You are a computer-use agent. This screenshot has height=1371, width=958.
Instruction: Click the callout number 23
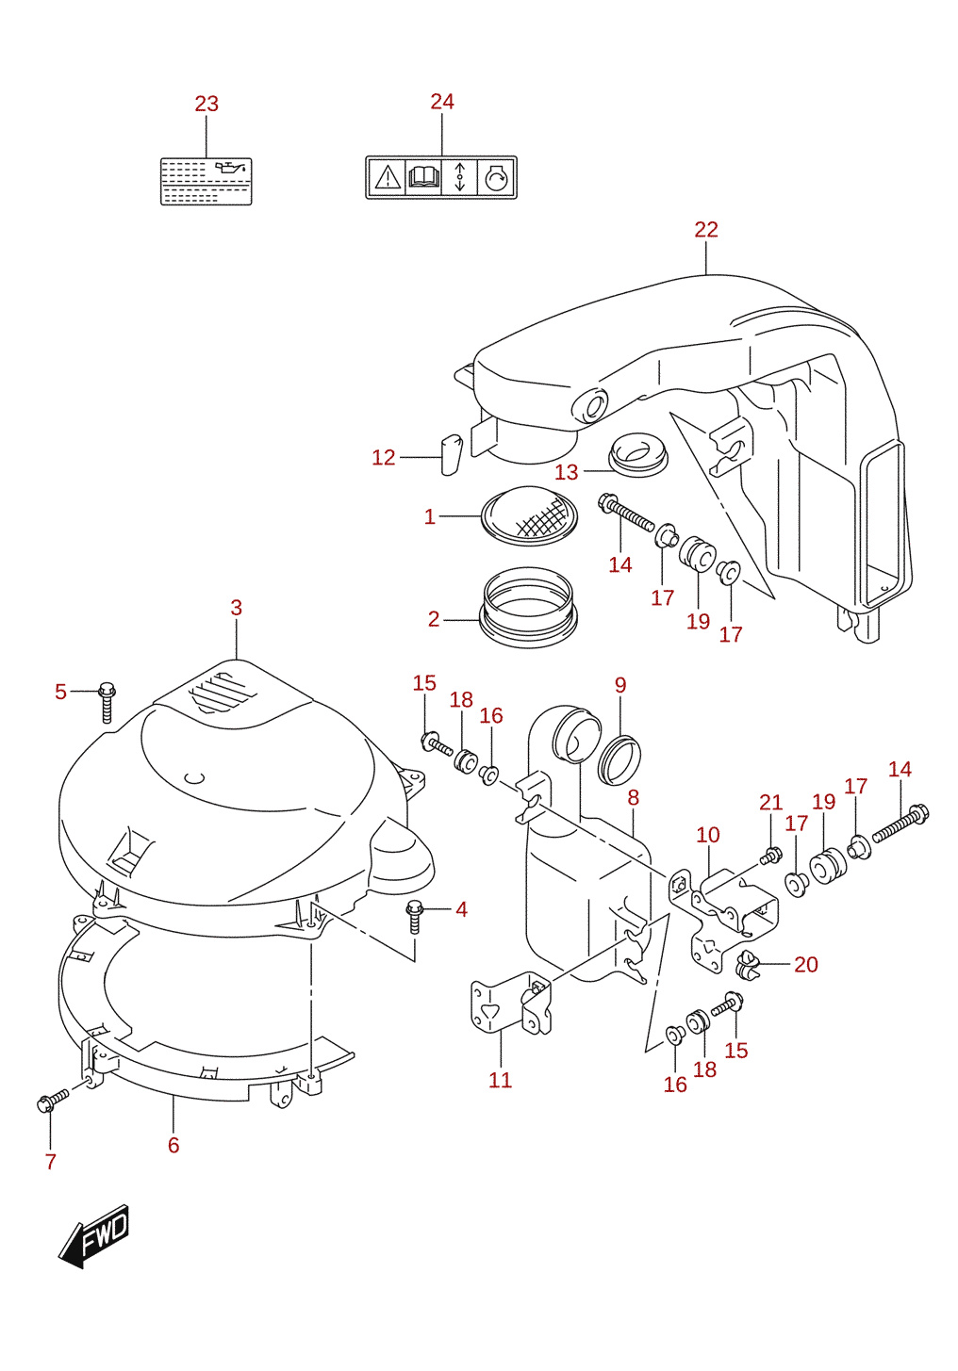206,104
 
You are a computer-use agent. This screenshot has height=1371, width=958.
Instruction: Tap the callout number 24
442,102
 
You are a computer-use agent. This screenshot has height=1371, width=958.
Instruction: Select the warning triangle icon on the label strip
388,177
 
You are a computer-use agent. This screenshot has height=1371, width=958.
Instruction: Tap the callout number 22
706,230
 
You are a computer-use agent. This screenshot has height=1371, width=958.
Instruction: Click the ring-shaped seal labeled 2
528,607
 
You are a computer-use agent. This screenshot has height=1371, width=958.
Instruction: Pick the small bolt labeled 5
107,704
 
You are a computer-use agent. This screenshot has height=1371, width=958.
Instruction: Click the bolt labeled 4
415,916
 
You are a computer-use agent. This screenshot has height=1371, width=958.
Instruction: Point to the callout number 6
173,1145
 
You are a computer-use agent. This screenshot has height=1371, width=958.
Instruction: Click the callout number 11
500,1080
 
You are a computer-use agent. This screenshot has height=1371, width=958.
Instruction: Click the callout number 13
567,472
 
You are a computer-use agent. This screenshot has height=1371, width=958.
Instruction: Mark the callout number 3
237,608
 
